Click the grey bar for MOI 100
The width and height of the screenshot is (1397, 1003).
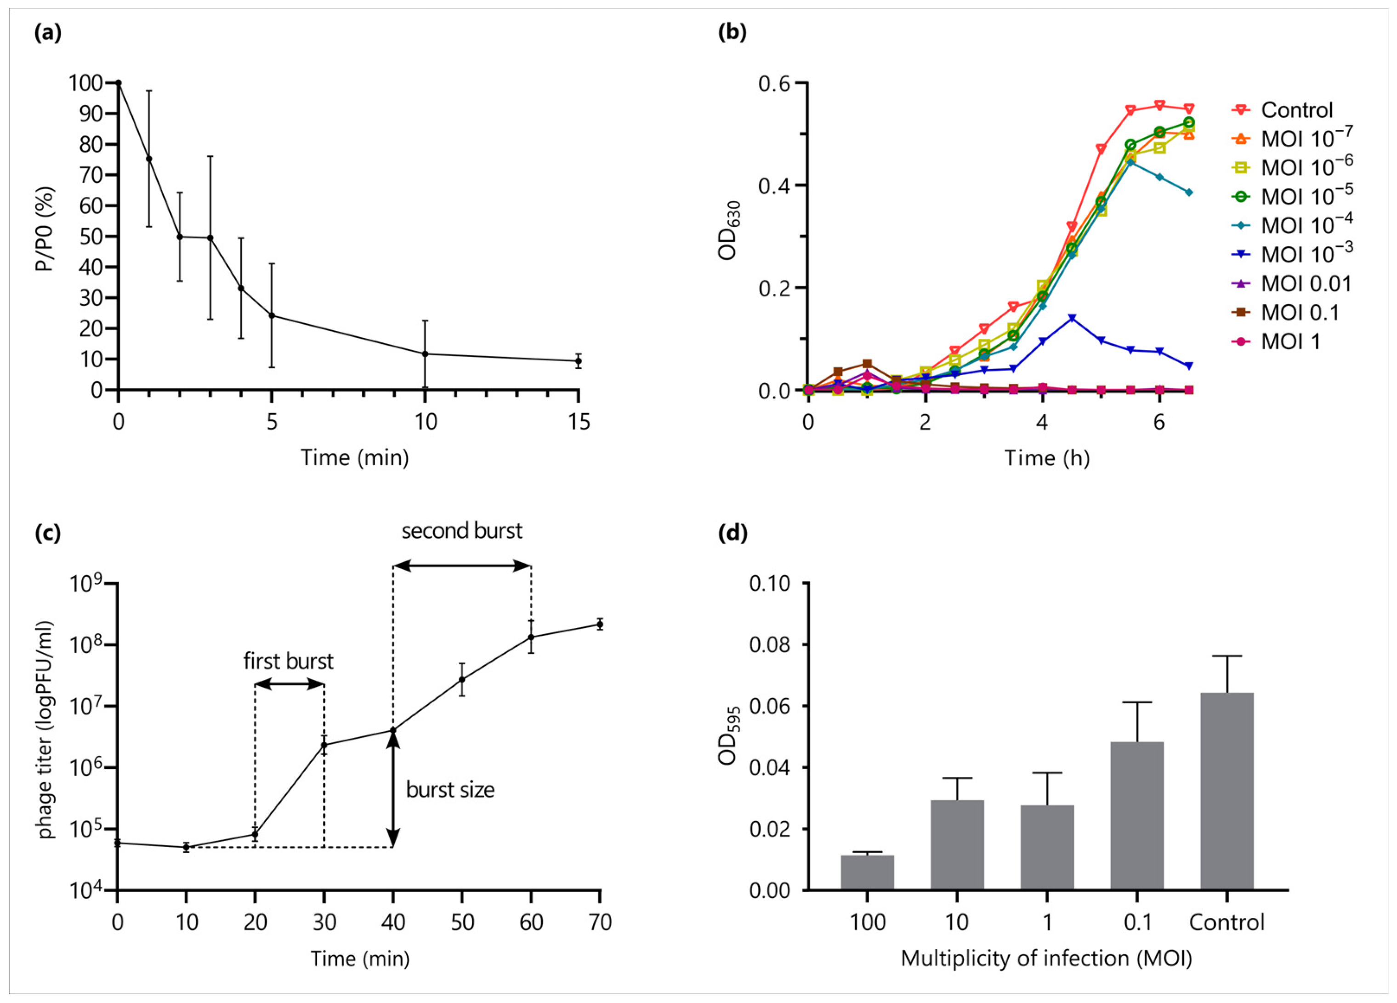867,872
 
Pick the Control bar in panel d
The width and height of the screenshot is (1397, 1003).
1227,792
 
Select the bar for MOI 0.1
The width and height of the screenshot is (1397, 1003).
1137,816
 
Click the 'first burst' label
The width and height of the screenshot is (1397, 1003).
288,661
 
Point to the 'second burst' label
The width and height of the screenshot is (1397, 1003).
462,531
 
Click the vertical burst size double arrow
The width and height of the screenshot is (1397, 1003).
393,789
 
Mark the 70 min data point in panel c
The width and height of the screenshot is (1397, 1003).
599,625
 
